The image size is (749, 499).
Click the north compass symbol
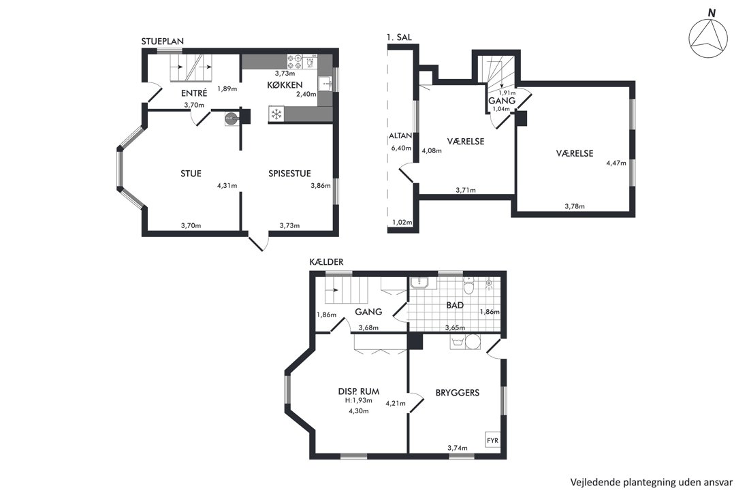tap(708, 38)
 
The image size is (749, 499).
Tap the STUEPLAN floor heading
tap(163, 42)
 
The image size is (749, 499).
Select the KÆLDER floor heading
tap(326, 262)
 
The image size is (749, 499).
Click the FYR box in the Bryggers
tap(492, 440)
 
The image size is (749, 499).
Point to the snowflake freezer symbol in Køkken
tap(276, 114)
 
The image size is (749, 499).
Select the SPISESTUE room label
tap(289, 174)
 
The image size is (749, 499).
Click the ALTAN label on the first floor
tap(400, 135)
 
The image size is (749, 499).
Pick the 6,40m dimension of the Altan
tap(401, 148)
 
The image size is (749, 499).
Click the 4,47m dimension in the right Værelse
tap(616, 163)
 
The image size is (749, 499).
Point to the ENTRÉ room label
tap(194, 93)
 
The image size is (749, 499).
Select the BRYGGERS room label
tap(458, 393)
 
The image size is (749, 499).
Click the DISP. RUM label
tap(359, 391)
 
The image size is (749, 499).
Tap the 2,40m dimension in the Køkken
tap(306, 95)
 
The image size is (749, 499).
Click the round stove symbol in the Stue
tap(232, 118)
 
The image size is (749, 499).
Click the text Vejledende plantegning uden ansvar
tap(652, 482)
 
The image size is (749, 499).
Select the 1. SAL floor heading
tap(399, 37)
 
